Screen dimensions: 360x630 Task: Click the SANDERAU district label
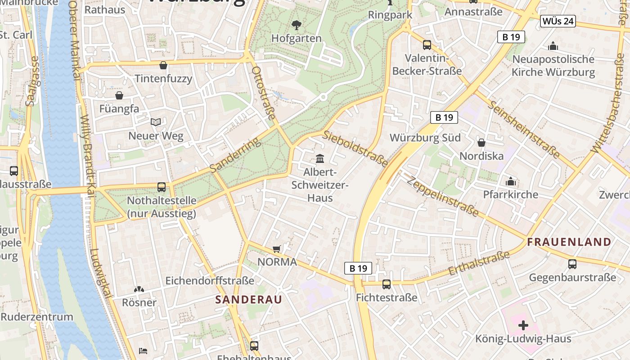(x=248, y=299)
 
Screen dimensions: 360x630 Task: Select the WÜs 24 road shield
(x=558, y=21)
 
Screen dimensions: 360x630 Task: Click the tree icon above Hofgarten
(x=296, y=25)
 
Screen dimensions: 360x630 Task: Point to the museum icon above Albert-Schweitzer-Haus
(x=320, y=158)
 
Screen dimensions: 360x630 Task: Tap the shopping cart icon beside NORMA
(x=277, y=249)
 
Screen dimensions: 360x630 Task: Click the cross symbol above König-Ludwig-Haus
(x=523, y=325)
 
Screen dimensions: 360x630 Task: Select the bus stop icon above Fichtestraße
(x=386, y=284)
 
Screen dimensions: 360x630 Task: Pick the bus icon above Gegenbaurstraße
(x=572, y=264)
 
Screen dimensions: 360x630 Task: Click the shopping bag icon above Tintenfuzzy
(x=163, y=65)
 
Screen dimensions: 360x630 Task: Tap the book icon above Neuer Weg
(x=156, y=122)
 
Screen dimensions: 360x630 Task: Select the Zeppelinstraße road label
(x=442, y=196)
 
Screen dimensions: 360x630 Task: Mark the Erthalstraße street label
(x=479, y=263)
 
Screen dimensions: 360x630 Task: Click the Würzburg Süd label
(x=425, y=138)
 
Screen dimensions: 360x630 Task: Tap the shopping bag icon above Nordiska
(x=481, y=143)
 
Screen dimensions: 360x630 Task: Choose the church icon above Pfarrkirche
(x=510, y=181)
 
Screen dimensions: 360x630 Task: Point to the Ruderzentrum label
(x=37, y=316)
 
